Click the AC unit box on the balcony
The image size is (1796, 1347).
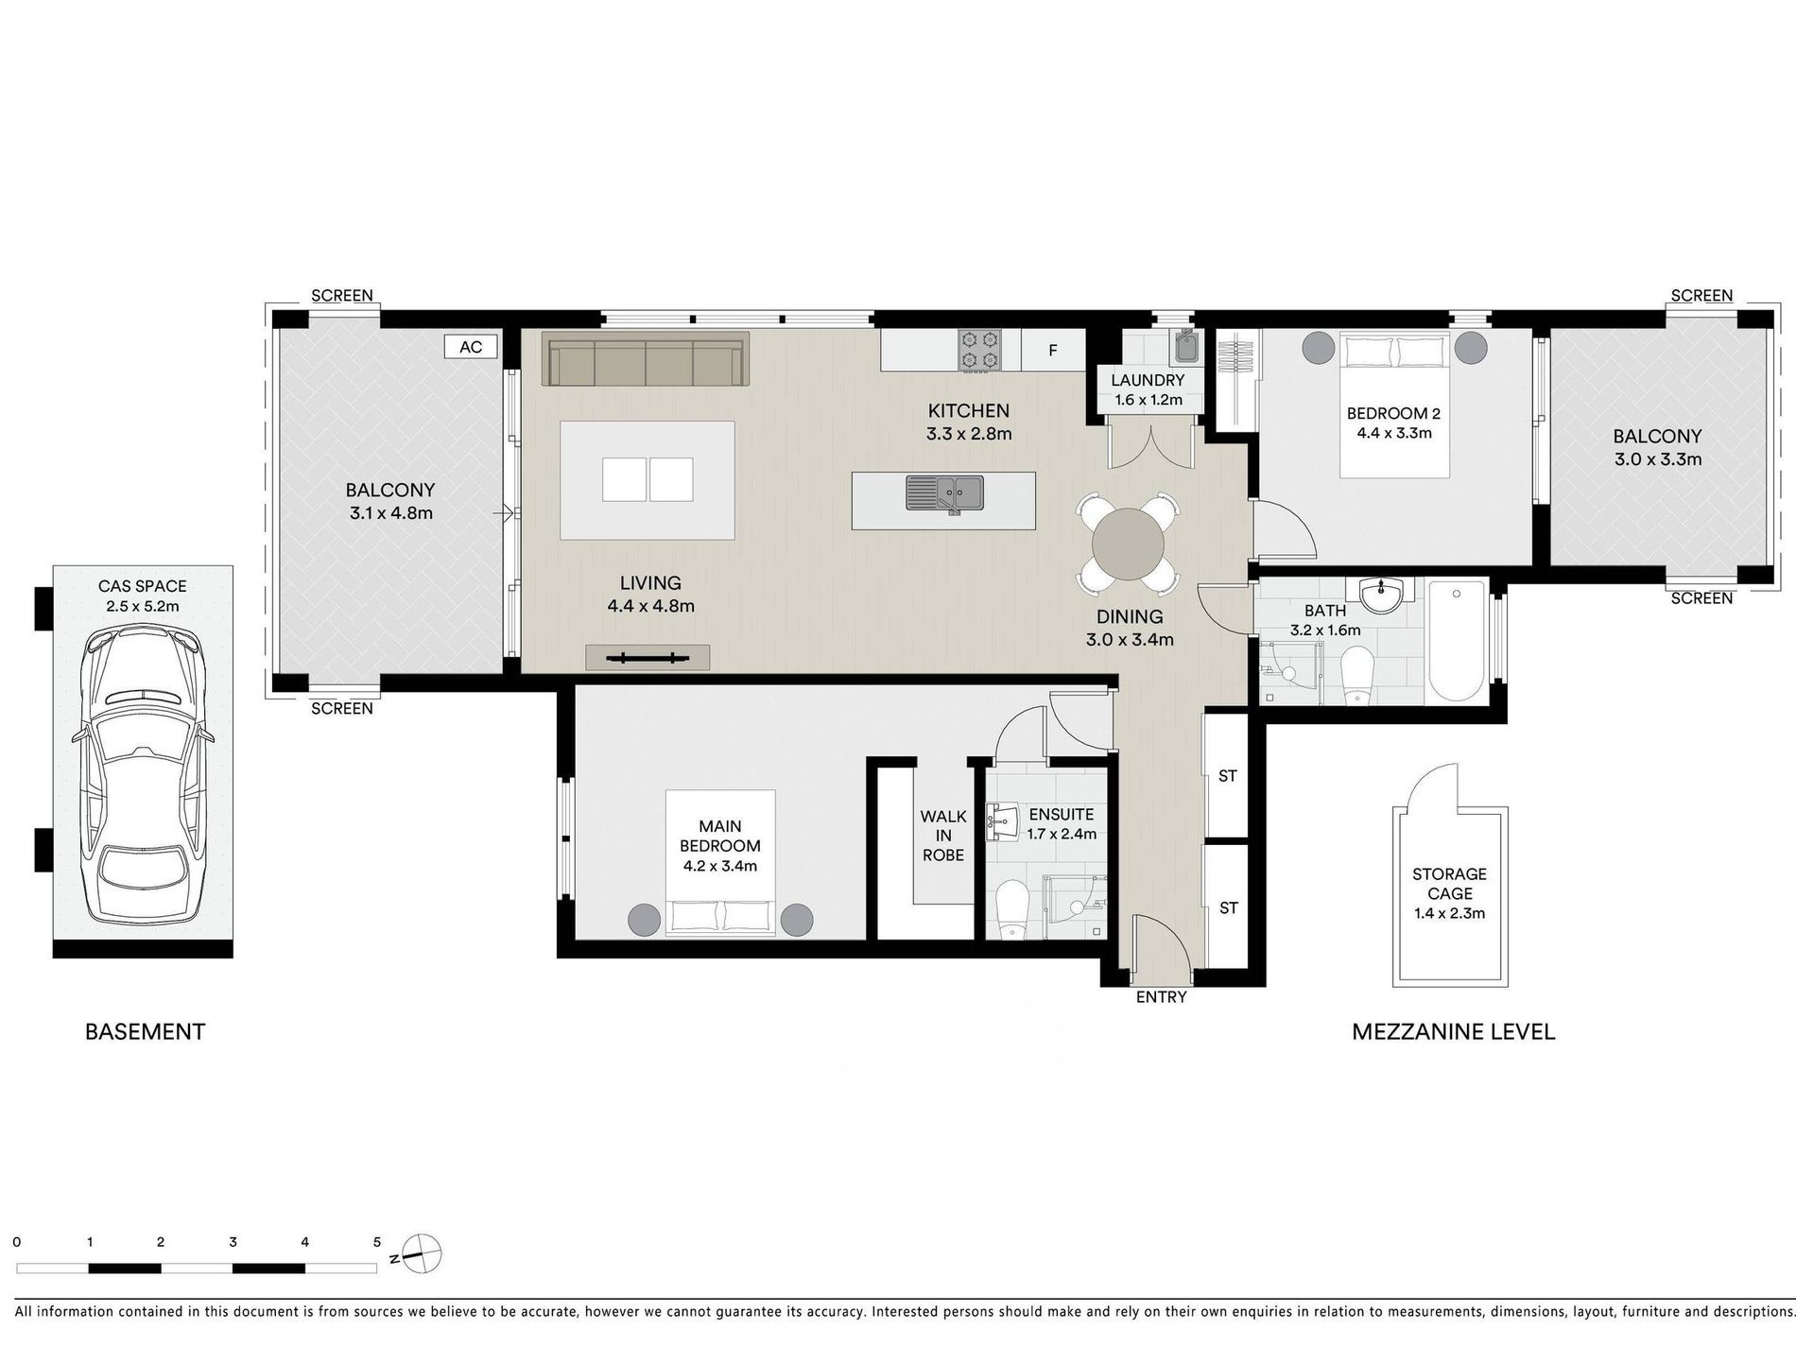pyautogui.click(x=471, y=347)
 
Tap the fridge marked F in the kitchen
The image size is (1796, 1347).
pyautogui.click(x=1052, y=350)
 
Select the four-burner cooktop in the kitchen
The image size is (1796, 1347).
pyautogui.click(x=979, y=349)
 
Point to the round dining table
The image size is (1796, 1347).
pyautogui.click(x=1128, y=545)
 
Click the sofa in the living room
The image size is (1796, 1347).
pyautogui.click(x=646, y=358)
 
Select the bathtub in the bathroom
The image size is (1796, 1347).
pyautogui.click(x=1458, y=642)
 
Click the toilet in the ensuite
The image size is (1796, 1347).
pyautogui.click(x=1011, y=910)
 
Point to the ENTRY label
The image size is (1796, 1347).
pyautogui.click(x=1161, y=996)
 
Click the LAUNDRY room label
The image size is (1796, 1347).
pyautogui.click(x=1148, y=380)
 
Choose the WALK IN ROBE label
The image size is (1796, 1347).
pyautogui.click(x=943, y=836)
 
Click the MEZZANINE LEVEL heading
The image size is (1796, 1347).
pyautogui.click(x=1453, y=1031)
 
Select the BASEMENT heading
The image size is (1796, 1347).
pyautogui.click(x=145, y=1031)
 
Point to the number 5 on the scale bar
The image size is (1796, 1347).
pyautogui.click(x=376, y=1242)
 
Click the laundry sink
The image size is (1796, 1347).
pyautogui.click(x=1184, y=346)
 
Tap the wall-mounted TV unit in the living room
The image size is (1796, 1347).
pyautogui.click(x=647, y=657)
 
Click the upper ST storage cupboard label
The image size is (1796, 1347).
pyautogui.click(x=1227, y=776)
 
